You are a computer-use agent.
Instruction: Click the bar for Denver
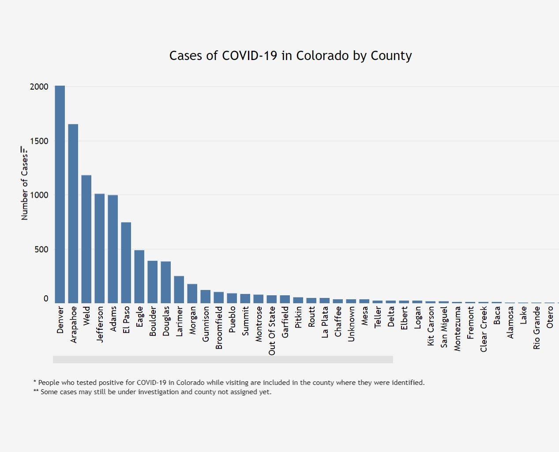tap(60, 194)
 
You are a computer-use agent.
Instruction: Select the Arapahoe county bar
tap(73, 214)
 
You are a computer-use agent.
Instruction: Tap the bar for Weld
tap(86, 239)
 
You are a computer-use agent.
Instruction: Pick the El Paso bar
tap(126, 263)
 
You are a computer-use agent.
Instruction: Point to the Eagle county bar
tap(139, 276)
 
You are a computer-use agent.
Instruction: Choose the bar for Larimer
tap(179, 290)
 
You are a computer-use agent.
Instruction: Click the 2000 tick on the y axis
tap(39, 87)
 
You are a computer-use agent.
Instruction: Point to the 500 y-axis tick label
tap(41, 249)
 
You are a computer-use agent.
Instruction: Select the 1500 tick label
tap(39, 141)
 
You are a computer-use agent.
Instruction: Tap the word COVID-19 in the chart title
tap(249, 56)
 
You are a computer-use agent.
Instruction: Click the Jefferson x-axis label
tap(100, 324)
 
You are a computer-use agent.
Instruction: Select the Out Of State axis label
tap(272, 331)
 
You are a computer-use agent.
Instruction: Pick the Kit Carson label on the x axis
tap(431, 326)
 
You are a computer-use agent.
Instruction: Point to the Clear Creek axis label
tap(484, 329)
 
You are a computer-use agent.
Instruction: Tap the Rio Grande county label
tap(536, 328)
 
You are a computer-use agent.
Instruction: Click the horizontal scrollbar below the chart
tap(223, 360)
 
